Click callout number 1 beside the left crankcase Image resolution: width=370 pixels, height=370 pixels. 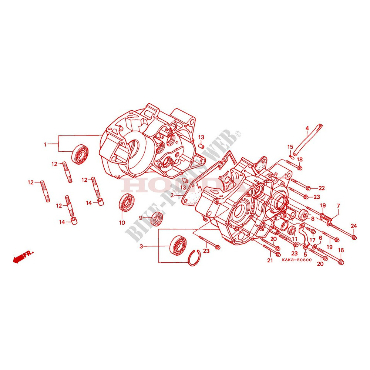46,145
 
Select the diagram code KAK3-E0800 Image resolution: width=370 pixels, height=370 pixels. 296,260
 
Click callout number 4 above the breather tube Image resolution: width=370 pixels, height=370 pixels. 307,129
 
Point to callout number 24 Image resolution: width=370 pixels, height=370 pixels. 354,226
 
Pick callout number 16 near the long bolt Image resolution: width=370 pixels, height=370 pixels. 341,250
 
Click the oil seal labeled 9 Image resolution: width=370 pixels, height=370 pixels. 157,219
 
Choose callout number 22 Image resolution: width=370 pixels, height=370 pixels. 321,188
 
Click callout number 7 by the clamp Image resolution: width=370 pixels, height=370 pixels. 338,206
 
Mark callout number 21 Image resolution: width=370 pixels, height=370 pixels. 270,261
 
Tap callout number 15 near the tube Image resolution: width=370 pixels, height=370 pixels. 290,147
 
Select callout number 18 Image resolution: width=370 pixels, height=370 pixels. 300,159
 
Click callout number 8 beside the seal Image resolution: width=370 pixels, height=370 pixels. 313,219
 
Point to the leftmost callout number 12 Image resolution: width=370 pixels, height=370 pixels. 30,182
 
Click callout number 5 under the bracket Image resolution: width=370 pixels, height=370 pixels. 306,254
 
